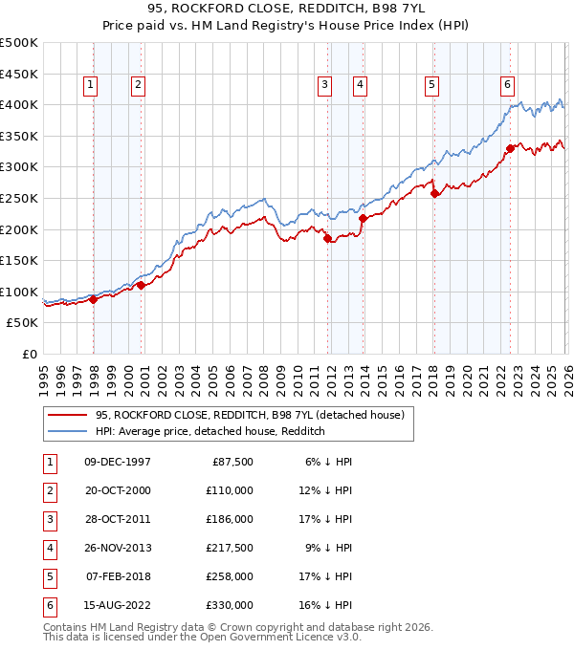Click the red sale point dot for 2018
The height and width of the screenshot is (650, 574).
point(434,193)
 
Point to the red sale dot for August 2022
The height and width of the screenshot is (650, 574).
point(510,148)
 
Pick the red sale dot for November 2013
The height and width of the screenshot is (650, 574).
point(364,218)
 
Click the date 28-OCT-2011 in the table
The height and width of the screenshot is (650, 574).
point(118,519)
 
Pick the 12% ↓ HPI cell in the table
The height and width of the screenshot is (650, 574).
point(326,490)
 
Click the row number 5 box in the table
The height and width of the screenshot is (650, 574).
point(49,576)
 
